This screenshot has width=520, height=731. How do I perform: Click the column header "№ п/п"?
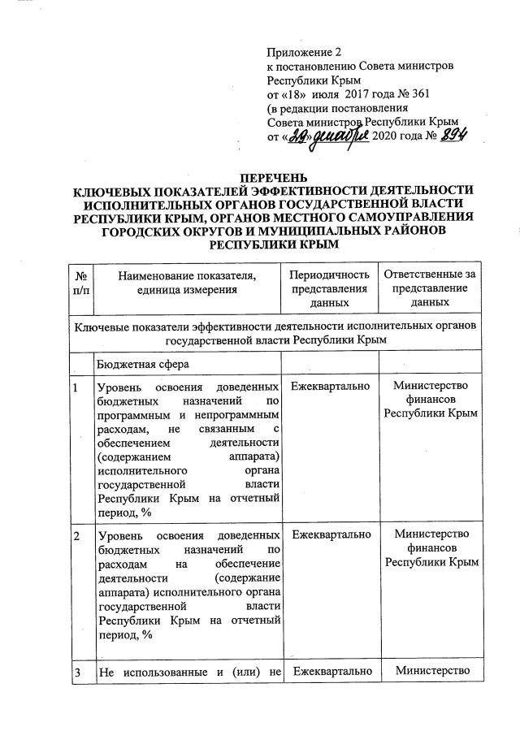[80, 288]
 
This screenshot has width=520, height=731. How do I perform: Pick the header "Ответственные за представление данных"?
[431, 288]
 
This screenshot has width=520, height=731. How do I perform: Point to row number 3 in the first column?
[76, 671]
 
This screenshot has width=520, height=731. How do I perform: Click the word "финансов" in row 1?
[431, 400]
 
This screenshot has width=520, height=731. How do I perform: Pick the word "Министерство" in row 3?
[431, 671]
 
